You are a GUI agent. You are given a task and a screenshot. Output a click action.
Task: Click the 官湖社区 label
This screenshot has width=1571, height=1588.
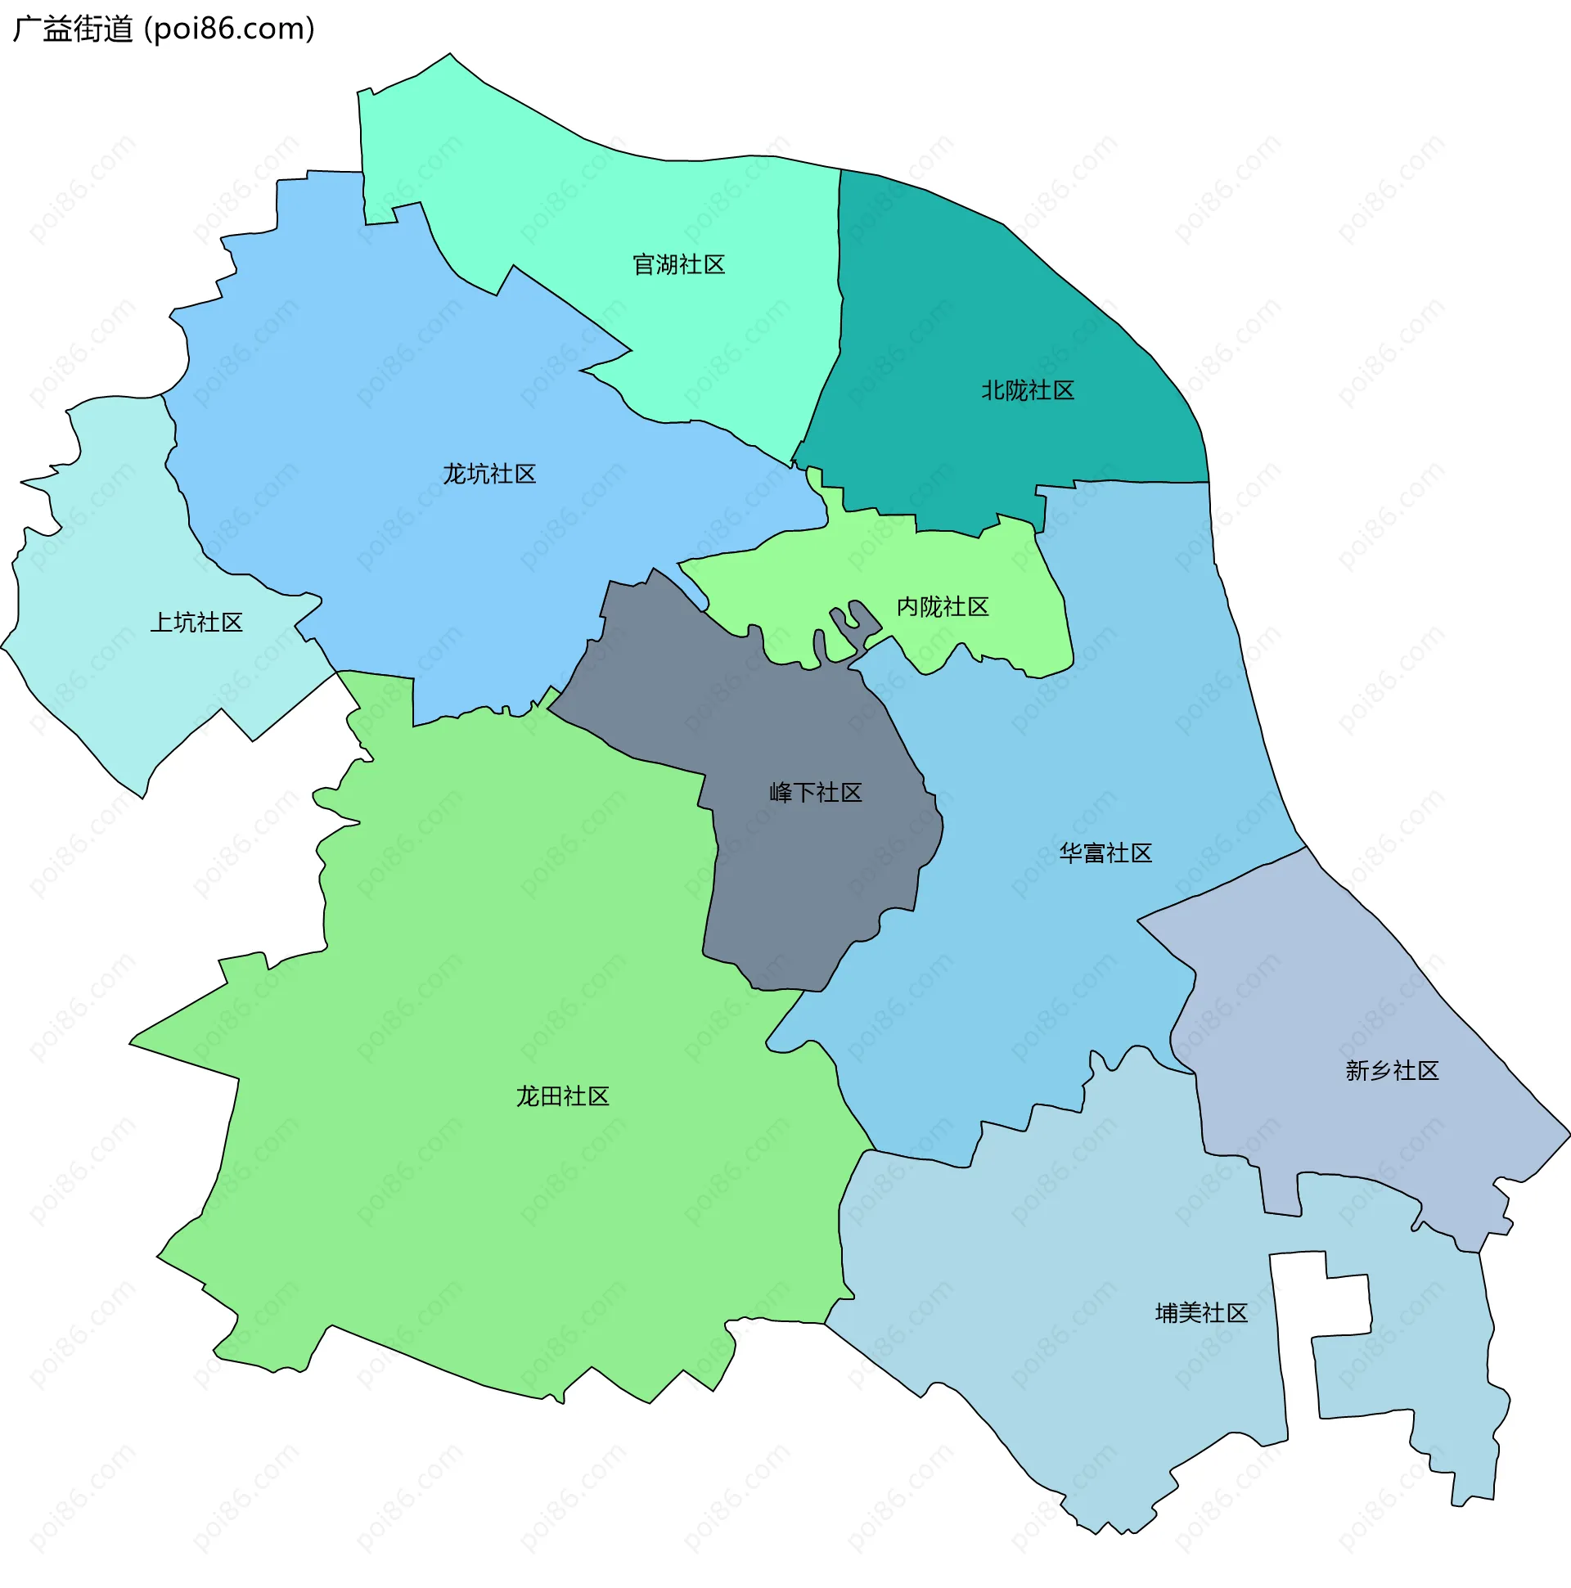678,265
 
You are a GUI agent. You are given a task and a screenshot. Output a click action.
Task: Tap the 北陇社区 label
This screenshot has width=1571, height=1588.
1028,390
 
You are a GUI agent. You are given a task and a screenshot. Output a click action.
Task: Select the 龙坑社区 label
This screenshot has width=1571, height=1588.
489,475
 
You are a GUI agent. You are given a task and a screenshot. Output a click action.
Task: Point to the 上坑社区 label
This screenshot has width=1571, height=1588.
196,623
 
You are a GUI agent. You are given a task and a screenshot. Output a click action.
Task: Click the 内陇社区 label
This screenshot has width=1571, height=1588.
942,606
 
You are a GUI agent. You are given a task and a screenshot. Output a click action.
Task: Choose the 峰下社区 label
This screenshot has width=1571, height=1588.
816,792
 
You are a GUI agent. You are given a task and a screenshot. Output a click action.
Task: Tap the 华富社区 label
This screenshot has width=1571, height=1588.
1105,853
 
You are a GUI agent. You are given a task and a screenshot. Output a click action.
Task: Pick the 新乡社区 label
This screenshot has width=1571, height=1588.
1392,1070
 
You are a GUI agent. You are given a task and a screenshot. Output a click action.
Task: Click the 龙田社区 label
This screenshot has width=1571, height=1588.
562,1095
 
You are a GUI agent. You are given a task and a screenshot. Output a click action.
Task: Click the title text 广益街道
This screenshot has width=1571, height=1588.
72,29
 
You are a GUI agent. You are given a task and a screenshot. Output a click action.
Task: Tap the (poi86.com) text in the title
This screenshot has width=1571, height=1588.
229,29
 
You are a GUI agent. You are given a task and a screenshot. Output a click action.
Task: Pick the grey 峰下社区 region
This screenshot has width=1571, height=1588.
790,888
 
